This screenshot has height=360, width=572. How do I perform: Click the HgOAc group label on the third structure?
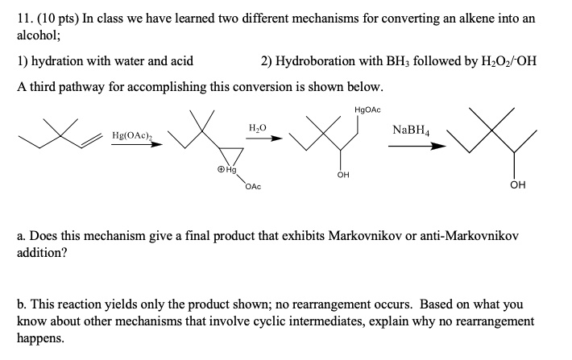[367, 109]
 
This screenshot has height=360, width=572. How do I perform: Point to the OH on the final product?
[518, 185]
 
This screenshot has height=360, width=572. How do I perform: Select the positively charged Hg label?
[226, 171]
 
